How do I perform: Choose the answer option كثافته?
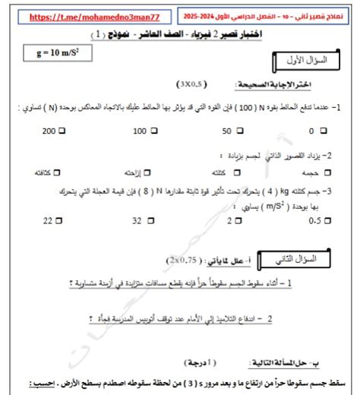click(x=52, y=172)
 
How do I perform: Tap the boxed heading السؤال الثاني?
click(x=307, y=260)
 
